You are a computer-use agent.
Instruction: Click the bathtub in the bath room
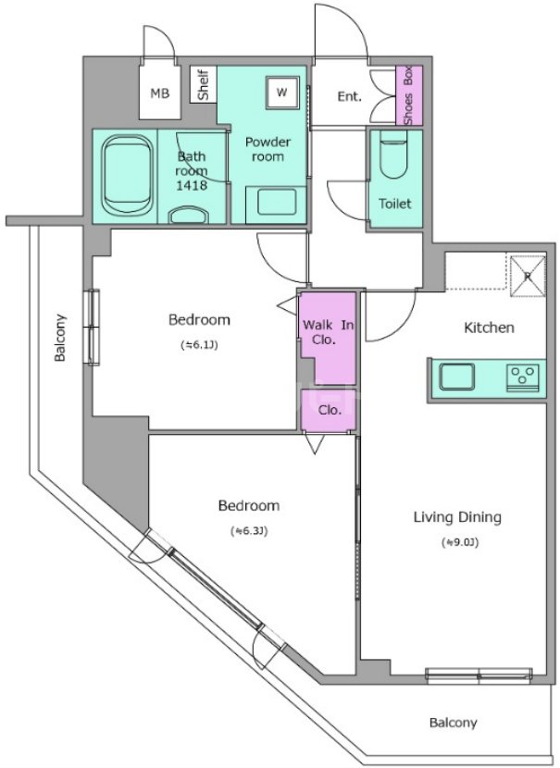tap(128, 176)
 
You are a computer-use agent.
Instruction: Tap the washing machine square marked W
tap(281, 93)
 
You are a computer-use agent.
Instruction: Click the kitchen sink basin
tap(457, 378)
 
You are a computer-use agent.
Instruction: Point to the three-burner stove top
tap(523, 378)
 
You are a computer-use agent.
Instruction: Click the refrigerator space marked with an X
tap(528, 276)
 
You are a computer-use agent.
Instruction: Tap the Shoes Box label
tap(408, 95)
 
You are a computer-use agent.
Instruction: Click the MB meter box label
tap(159, 93)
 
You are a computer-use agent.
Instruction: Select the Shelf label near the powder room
tap(204, 84)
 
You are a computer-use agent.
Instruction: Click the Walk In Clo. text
tap(328, 332)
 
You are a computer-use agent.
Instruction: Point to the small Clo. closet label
tap(330, 411)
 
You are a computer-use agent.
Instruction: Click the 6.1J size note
tap(199, 345)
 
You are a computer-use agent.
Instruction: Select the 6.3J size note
tap(249, 531)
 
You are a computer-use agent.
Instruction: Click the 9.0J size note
tap(460, 543)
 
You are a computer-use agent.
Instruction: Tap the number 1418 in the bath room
tap(192, 185)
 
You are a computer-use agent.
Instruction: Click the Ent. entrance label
tap(349, 96)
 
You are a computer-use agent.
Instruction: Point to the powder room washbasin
tap(277, 202)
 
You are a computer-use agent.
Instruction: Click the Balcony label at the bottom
tap(454, 723)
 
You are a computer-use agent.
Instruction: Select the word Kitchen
tap(489, 328)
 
